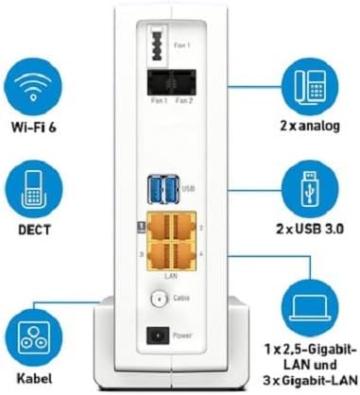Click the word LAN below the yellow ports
(172, 275)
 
